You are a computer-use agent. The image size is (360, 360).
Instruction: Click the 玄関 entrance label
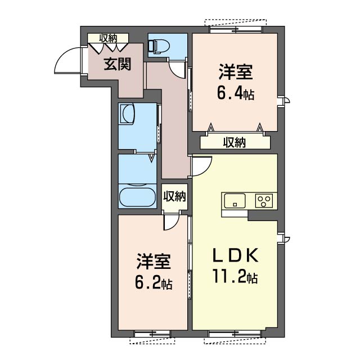pyautogui.click(x=118, y=64)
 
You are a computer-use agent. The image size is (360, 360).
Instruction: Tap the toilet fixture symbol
pyautogui.click(x=159, y=46)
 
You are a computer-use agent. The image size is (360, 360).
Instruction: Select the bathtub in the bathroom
pyautogui.click(x=137, y=197)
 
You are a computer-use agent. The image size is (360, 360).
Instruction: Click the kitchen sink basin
pyautogui.click(x=235, y=201)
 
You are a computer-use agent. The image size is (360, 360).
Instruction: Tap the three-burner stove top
pyautogui.click(x=264, y=201)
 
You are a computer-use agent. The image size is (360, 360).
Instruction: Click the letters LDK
pyautogui.click(x=236, y=255)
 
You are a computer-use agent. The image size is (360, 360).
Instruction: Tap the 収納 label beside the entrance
pyautogui.click(x=108, y=38)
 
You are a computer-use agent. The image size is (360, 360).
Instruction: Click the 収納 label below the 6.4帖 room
pyautogui.click(x=235, y=142)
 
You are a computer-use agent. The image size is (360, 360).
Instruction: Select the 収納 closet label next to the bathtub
pyautogui.click(x=174, y=196)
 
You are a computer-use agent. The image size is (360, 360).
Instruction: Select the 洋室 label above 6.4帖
pyautogui.click(x=236, y=72)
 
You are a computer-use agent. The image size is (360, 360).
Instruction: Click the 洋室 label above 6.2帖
pyautogui.click(x=154, y=261)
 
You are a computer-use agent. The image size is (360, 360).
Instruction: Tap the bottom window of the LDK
pyautogui.click(x=235, y=334)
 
